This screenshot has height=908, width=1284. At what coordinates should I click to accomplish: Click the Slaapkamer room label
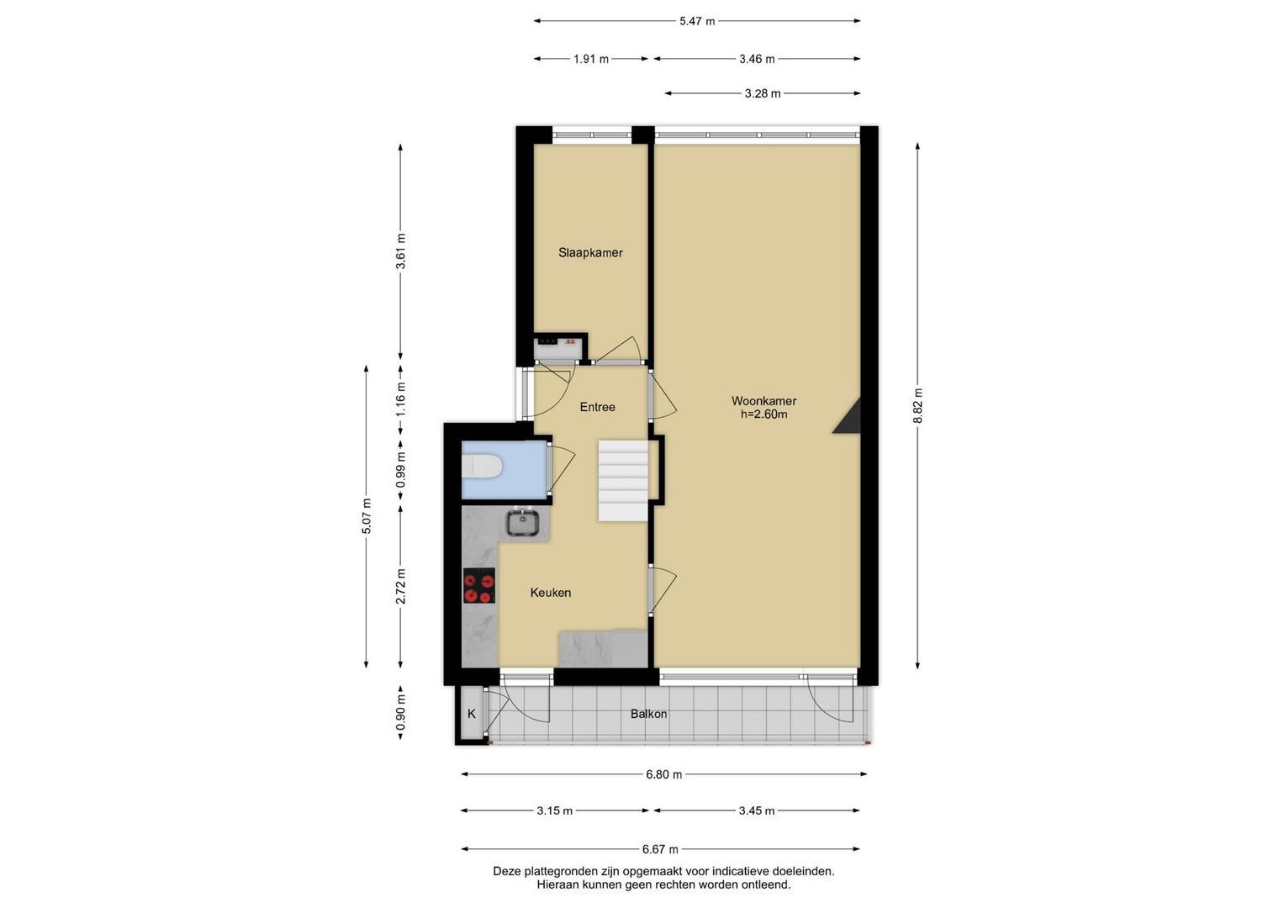tap(590, 253)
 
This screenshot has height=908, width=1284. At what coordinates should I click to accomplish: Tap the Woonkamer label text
tap(764, 401)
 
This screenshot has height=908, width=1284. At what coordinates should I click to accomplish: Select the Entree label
tap(597, 407)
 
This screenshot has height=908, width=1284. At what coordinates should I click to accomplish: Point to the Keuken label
tap(550, 593)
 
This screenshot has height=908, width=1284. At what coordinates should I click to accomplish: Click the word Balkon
tap(648, 715)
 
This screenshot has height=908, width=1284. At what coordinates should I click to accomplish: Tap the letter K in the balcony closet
tap(471, 715)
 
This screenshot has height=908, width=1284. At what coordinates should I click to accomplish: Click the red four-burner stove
tap(478, 586)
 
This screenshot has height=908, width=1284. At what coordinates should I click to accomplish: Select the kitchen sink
tap(521, 523)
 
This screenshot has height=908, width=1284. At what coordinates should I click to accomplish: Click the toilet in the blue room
tap(482, 466)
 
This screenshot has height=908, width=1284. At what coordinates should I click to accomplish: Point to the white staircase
tap(623, 480)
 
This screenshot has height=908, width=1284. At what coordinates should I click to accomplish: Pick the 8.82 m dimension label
tap(917, 406)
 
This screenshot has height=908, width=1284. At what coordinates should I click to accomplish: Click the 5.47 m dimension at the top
tap(697, 21)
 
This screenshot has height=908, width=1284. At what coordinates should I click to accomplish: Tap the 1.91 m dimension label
tap(591, 59)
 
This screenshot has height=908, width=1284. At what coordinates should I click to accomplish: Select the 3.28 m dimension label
tap(763, 93)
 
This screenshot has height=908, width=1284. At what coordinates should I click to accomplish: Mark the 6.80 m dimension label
tap(663, 774)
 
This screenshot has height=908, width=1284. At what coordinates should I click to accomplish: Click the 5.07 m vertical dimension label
tap(367, 516)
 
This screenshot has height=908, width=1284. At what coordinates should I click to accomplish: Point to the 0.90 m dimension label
tap(401, 713)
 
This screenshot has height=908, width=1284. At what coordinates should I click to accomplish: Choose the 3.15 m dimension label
tap(554, 811)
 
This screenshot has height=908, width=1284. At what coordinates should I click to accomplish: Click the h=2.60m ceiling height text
tap(764, 414)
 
